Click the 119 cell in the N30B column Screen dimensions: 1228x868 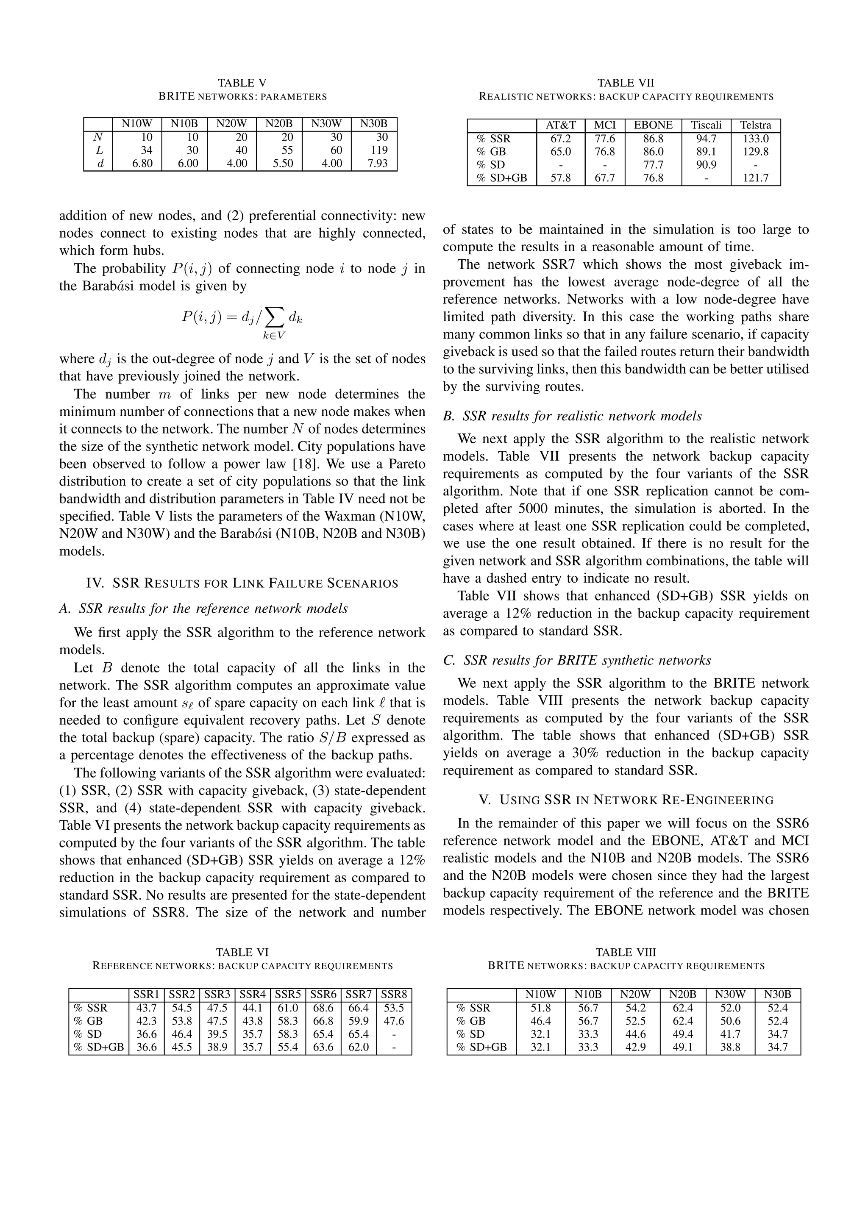379,150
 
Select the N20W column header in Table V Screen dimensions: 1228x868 231,124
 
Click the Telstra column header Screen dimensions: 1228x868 755,125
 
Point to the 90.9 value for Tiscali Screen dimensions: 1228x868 707,165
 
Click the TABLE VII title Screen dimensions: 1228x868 625,83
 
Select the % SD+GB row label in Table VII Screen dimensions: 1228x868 501,178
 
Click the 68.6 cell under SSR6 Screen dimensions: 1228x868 323,1008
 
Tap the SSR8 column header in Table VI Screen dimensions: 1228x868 394,994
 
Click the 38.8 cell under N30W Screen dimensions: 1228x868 730,1047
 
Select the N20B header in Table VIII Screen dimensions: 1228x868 682,994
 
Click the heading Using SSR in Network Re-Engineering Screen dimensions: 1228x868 626,800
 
